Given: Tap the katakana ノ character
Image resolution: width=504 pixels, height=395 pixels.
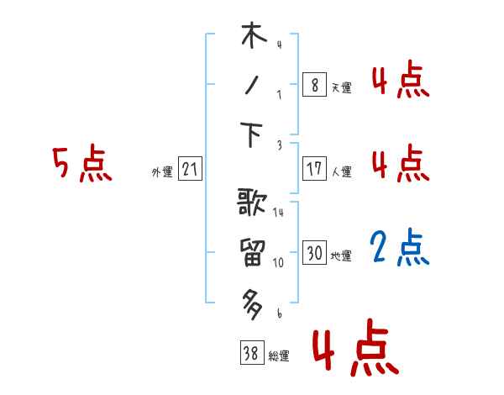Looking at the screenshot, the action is [253, 86].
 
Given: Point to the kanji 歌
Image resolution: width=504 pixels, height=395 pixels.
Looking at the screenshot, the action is [253, 204].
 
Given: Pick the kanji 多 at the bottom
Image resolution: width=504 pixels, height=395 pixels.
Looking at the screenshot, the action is [253, 301].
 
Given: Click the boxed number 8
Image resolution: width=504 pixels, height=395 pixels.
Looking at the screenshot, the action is [314, 85].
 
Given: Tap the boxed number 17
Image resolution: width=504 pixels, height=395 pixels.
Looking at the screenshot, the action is [314, 169].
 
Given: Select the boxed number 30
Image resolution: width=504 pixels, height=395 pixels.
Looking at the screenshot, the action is [314, 253].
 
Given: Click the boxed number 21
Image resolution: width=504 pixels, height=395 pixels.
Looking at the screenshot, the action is [190, 170].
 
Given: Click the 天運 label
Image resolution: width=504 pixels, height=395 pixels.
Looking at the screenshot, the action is [341, 87].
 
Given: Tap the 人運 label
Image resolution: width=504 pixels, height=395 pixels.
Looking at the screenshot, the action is [341, 171].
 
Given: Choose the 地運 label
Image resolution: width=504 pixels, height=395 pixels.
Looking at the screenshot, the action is [341, 255].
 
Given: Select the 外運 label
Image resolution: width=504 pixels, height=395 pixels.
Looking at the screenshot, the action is [162, 172].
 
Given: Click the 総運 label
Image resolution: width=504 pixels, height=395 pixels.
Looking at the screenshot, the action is [279, 356].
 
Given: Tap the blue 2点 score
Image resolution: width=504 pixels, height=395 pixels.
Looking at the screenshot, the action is [402, 248].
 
